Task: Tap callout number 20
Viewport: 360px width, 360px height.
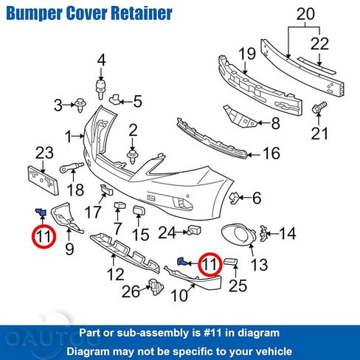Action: [305, 14]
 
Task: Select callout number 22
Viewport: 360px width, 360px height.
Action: [319, 44]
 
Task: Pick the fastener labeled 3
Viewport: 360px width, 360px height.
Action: [80, 105]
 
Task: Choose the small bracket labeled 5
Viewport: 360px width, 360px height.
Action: [114, 100]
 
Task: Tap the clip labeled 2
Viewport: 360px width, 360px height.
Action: [133, 156]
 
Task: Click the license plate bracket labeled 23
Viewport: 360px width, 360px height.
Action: [44, 180]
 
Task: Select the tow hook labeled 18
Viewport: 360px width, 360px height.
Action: [72, 167]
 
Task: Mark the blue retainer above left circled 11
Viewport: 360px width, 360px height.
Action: [41, 212]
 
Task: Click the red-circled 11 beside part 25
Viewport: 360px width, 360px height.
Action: [210, 264]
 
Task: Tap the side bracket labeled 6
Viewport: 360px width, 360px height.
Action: [234, 198]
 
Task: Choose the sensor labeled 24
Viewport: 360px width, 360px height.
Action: [194, 230]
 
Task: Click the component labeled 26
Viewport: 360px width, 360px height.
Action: [156, 287]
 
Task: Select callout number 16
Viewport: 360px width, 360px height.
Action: [271, 153]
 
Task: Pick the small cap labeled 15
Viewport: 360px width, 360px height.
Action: [139, 211]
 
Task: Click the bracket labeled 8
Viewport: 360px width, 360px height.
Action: [240, 117]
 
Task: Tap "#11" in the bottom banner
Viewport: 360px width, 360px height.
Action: [213, 333]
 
